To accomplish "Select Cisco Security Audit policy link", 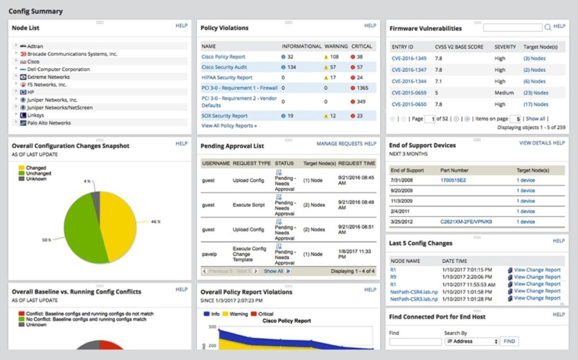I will tap(224, 67).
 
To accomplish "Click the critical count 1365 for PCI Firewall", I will tap(362, 88).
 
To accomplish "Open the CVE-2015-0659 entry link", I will tap(409, 93).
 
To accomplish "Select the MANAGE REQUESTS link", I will tap(339, 144).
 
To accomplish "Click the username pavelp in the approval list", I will tap(210, 254).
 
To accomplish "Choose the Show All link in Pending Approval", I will tap(274, 271).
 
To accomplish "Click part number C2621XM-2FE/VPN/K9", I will tap(466, 222).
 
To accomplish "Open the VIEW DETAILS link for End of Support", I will tap(535, 143).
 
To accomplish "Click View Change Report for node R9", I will tap(537, 277).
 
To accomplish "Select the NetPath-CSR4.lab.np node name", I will tap(413, 291).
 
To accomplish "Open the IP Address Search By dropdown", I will tap(472, 341).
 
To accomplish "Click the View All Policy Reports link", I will tap(229, 126).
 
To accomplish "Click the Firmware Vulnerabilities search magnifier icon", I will tap(548, 27).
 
